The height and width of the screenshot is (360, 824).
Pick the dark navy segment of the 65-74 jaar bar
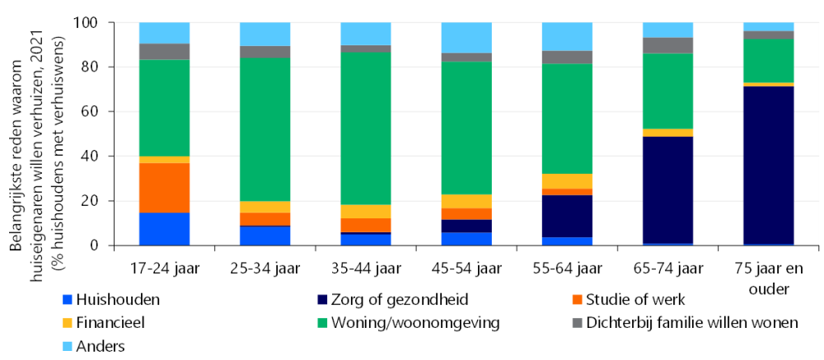(667, 189)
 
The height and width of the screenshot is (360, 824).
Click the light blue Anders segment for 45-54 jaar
(466, 38)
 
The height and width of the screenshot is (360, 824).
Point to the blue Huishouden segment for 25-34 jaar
(265, 236)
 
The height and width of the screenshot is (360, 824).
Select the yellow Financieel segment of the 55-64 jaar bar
(567, 181)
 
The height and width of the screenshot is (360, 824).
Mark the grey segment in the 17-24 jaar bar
(164, 51)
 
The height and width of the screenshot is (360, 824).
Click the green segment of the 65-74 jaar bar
(667, 91)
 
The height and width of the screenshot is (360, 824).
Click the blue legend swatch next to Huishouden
(68, 301)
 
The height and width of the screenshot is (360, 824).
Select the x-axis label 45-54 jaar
(466, 268)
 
